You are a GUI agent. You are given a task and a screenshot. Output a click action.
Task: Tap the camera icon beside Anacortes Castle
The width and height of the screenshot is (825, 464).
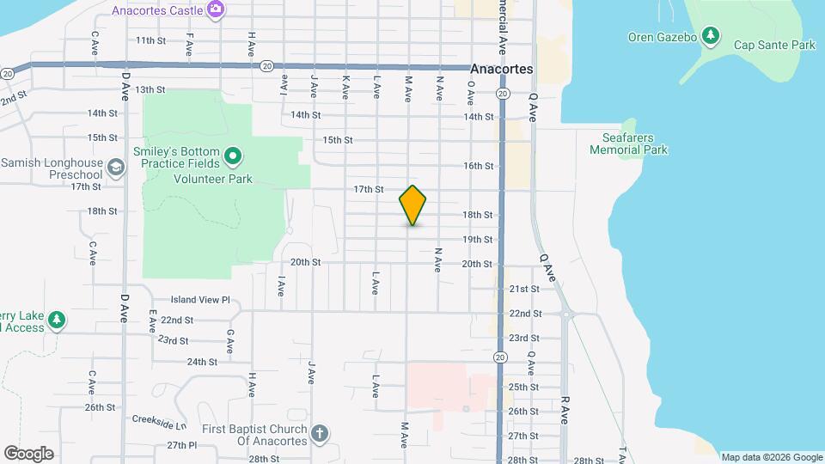(x=217, y=10)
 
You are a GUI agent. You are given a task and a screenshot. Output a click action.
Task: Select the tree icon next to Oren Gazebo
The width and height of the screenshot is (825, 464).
(x=710, y=36)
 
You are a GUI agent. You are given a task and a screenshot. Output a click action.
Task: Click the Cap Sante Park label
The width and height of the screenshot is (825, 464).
(x=774, y=45)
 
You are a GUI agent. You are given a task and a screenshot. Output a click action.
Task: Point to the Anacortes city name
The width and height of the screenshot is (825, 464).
(x=502, y=69)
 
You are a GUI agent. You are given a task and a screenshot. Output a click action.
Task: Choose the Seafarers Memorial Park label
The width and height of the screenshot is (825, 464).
(x=629, y=143)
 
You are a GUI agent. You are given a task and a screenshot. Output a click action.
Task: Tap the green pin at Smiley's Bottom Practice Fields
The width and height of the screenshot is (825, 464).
(x=232, y=157)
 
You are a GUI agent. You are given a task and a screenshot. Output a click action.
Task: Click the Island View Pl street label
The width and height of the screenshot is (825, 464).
(x=200, y=300)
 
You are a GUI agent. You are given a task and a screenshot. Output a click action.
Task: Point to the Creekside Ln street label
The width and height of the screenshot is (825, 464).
(x=159, y=424)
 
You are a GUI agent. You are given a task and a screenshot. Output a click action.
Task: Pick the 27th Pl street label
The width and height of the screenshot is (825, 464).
(x=182, y=445)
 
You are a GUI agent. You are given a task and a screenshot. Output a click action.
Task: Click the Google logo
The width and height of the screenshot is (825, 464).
(x=28, y=454)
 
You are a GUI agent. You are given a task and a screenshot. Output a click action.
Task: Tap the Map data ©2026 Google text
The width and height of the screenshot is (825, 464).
(x=771, y=457)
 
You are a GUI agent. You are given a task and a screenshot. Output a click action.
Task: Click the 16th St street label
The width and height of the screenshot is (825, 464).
(x=478, y=166)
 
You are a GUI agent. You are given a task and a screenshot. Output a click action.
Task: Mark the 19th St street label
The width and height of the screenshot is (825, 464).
(x=478, y=240)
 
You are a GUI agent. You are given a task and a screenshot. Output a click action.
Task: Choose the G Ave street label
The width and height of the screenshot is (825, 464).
(x=230, y=340)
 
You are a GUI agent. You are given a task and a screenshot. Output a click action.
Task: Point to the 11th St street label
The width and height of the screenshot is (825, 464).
(x=150, y=40)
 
